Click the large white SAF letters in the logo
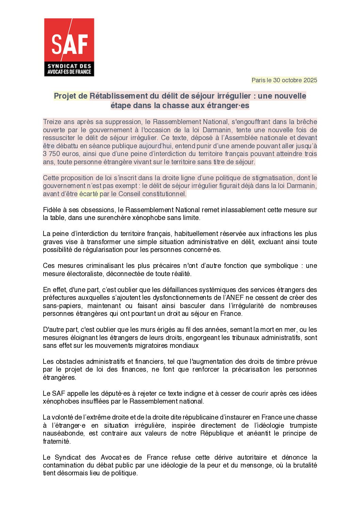[69, 44]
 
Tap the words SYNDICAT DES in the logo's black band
[69, 66]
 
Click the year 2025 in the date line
[310, 80]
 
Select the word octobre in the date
[292, 80]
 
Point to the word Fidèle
[52, 210]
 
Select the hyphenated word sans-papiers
[62, 306]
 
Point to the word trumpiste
[303, 425]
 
